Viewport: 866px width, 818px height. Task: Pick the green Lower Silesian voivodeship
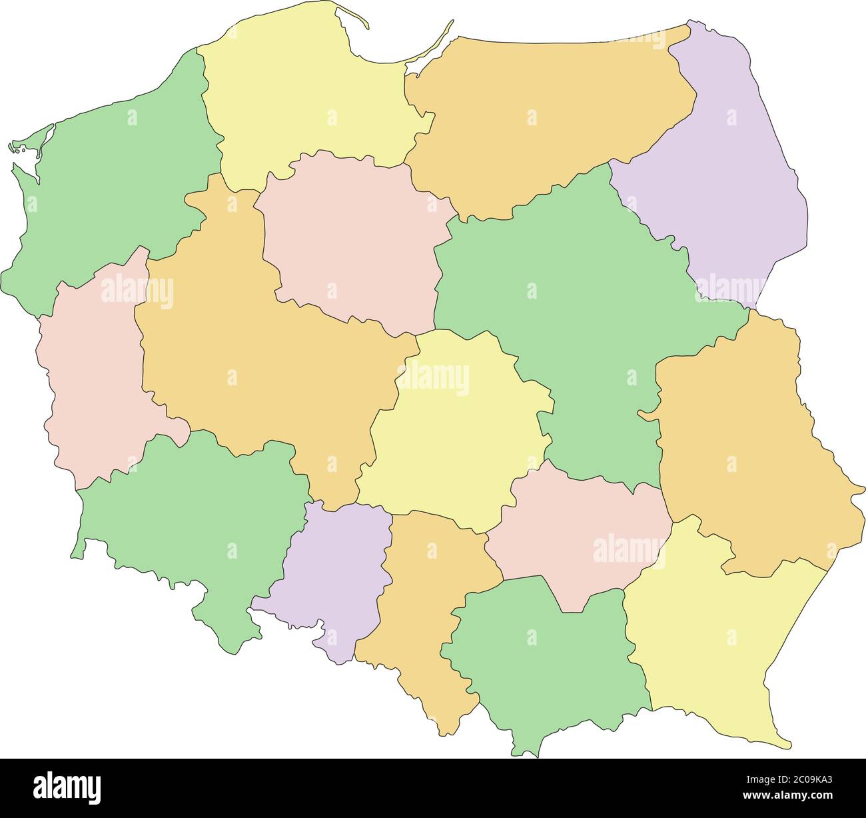click(x=193, y=520)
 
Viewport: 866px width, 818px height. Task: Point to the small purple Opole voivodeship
click(x=333, y=567)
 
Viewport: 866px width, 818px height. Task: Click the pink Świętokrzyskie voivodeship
click(x=580, y=533)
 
